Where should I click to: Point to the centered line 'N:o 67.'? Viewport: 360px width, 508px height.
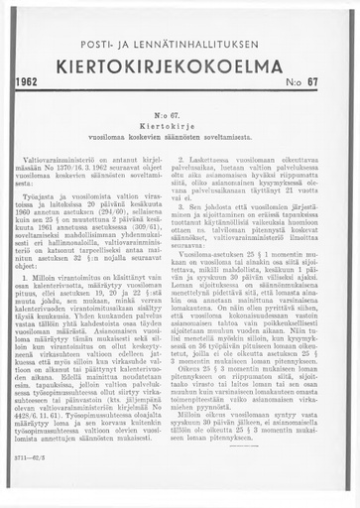[x=180, y=115]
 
